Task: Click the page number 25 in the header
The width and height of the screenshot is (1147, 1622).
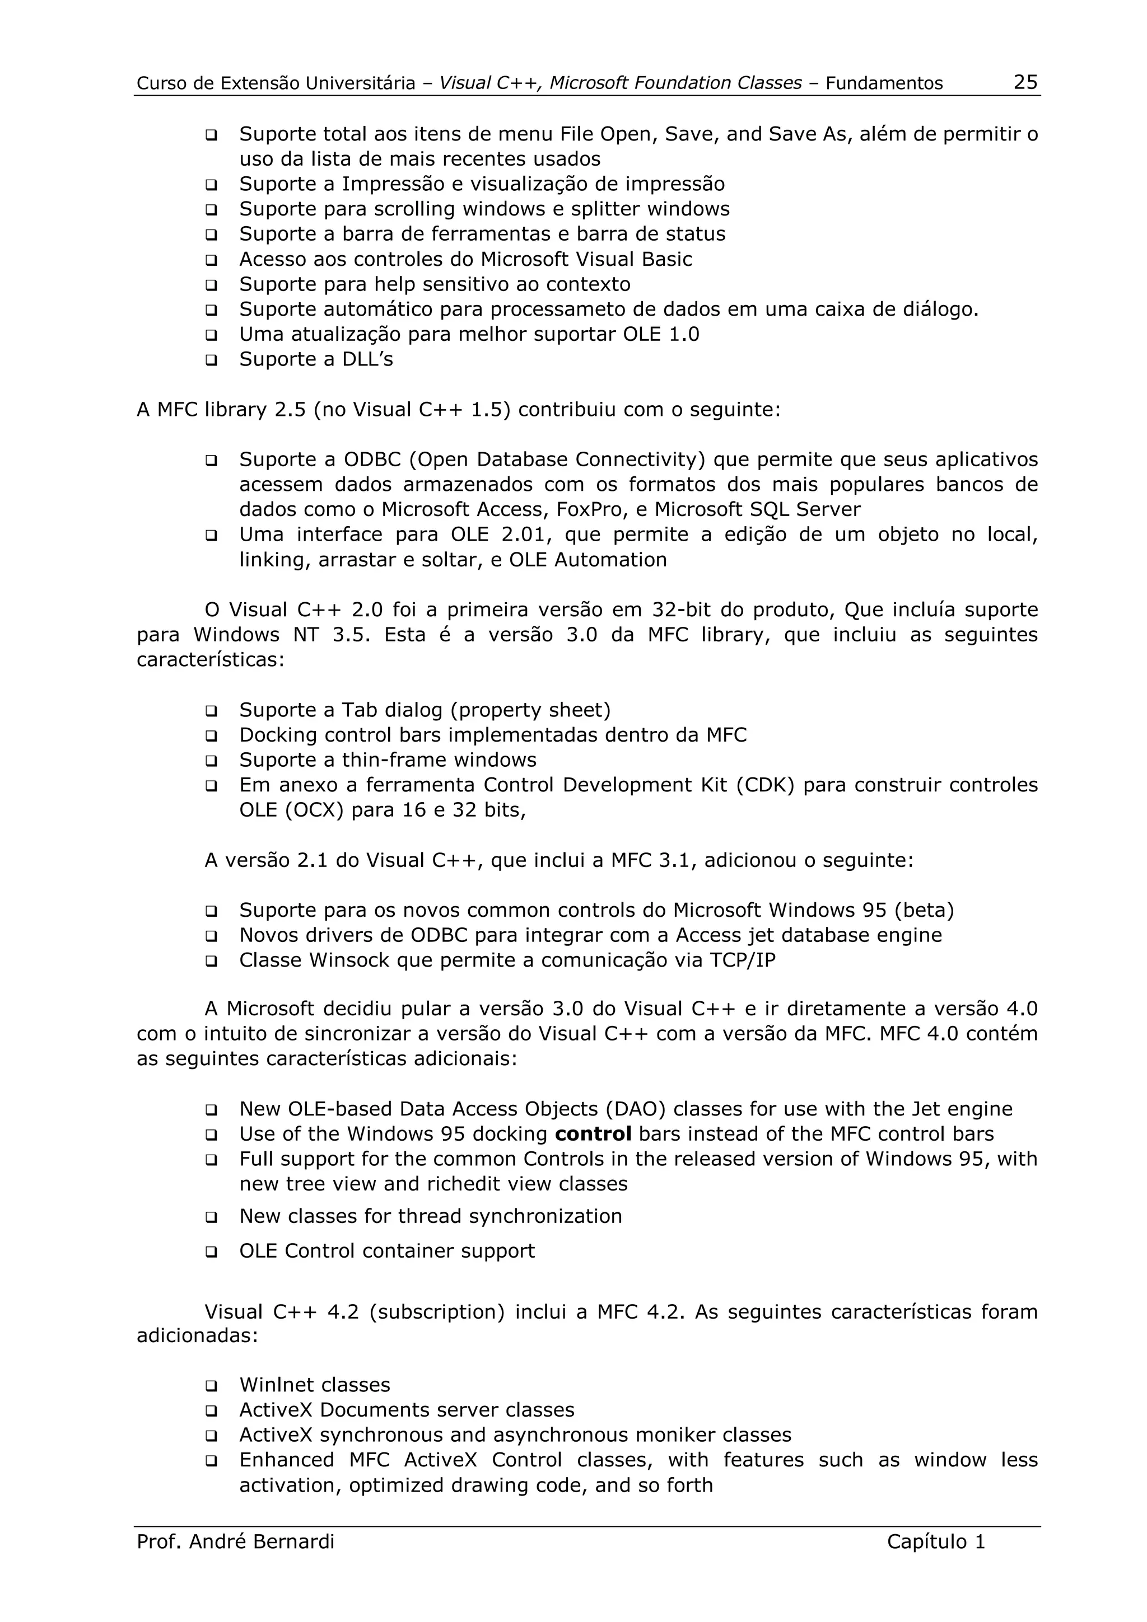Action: (1025, 83)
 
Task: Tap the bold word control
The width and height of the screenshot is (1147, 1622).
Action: (593, 1134)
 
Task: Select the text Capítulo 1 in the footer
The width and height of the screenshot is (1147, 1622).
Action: (936, 1541)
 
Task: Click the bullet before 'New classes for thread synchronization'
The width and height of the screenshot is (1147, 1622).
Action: (211, 1217)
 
